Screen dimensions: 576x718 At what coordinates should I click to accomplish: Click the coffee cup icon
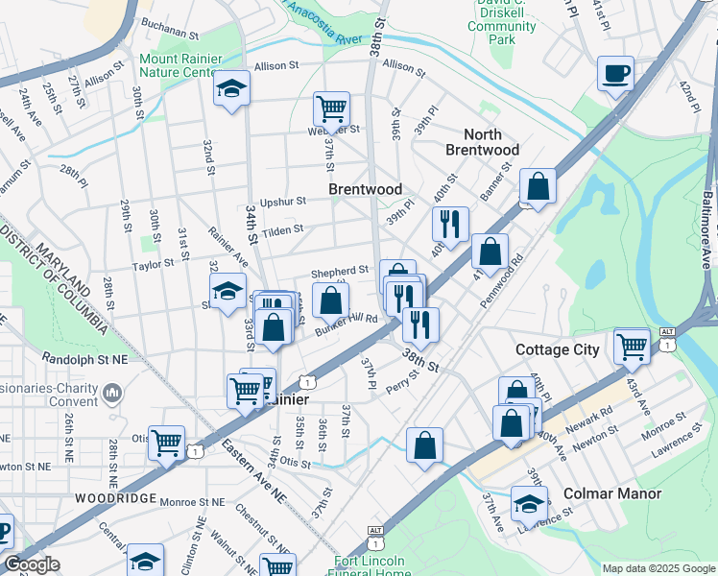tap(615, 73)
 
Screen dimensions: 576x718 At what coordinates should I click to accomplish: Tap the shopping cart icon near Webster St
tap(331, 108)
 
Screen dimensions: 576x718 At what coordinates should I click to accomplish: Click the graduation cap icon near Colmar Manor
tap(529, 503)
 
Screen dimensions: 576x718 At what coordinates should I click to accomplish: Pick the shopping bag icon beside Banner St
tap(538, 186)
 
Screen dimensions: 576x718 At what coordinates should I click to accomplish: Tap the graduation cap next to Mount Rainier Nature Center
tap(231, 88)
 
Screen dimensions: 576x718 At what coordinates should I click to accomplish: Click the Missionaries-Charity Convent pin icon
tap(112, 392)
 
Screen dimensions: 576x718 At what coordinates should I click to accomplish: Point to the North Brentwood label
tap(482, 142)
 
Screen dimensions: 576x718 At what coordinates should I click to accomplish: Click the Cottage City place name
tap(558, 349)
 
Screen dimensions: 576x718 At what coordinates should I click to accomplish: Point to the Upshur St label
tap(282, 202)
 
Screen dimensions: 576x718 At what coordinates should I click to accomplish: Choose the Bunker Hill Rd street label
tap(347, 324)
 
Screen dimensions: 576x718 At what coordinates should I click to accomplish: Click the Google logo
tap(31, 564)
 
